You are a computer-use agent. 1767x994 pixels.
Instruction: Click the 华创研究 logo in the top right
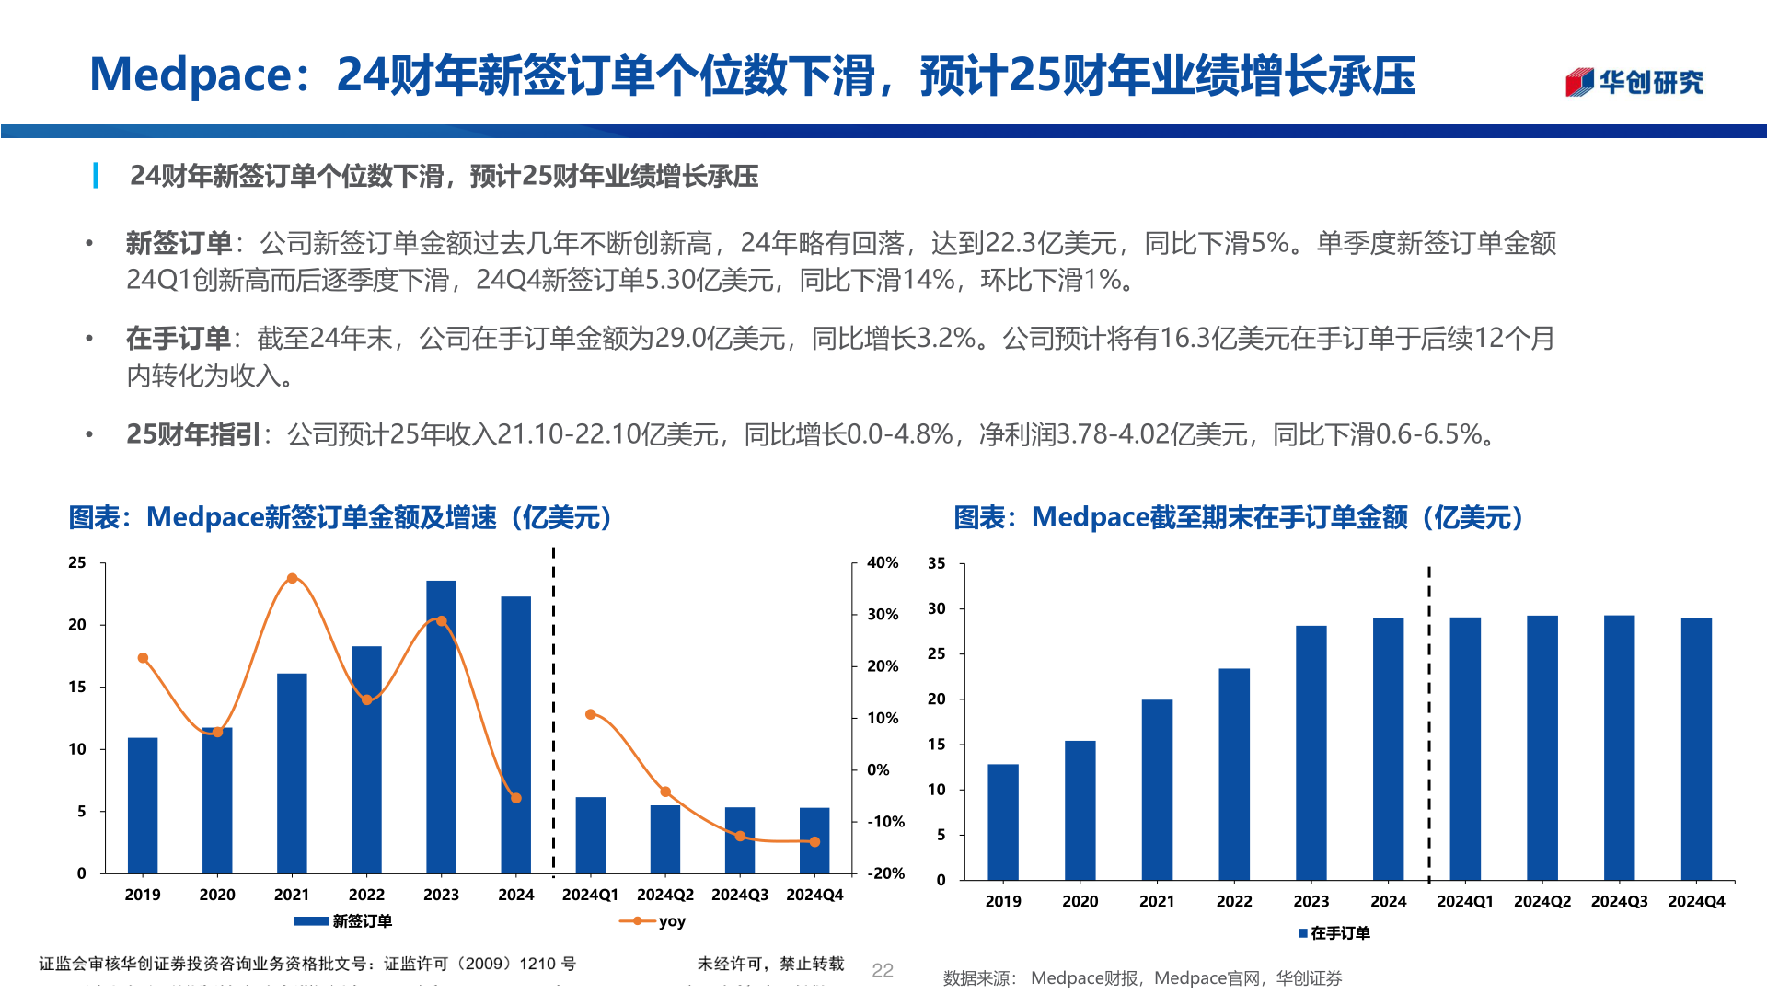tap(1634, 82)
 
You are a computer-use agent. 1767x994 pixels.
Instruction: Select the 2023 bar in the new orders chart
tap(441, 727)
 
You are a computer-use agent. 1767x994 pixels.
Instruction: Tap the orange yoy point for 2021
tap(292, 579)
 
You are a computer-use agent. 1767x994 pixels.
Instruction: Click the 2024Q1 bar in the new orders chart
tap(590, 835)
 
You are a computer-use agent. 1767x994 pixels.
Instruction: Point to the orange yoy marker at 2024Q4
tap(814, 841)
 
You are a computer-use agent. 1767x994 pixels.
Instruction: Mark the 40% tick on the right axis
tap(883, 562)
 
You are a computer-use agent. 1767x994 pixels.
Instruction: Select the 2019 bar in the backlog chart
tap(1003, 822)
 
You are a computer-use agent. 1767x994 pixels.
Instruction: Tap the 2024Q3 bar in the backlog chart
tap(1619, 747)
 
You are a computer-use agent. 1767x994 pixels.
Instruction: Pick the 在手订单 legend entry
tap(1334, 933)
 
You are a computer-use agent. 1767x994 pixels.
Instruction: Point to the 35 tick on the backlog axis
tap(936, 563)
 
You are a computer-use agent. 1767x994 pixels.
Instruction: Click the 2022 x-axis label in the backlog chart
tap(1234, 902)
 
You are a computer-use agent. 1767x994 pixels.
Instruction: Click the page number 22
tap(883, 970)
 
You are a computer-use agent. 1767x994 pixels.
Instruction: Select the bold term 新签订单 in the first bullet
tap(179, 243)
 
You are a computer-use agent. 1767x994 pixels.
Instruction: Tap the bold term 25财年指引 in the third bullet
tap(193, 434)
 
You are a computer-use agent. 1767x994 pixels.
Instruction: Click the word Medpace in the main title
tap(191, 75)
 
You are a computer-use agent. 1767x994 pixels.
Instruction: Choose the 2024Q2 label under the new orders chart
tap(665, 895)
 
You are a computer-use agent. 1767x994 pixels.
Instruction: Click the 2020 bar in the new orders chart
tap(217, 801)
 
